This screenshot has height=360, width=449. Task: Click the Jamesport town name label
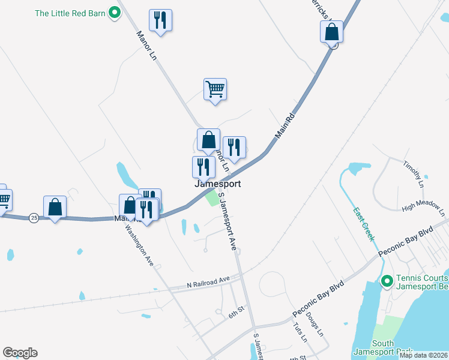point(217,184)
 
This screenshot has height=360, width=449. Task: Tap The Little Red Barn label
point(70,13)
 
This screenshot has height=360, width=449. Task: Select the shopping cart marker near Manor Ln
point(215,91)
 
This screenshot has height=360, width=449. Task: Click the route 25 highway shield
point(34,218)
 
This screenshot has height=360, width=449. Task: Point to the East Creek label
point(364,224)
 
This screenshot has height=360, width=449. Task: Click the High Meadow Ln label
point(424,208)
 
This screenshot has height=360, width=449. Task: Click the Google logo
point(20,353)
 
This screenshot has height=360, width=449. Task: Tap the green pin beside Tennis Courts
point(387,280)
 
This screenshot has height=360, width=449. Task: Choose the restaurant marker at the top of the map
point(160,21)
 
